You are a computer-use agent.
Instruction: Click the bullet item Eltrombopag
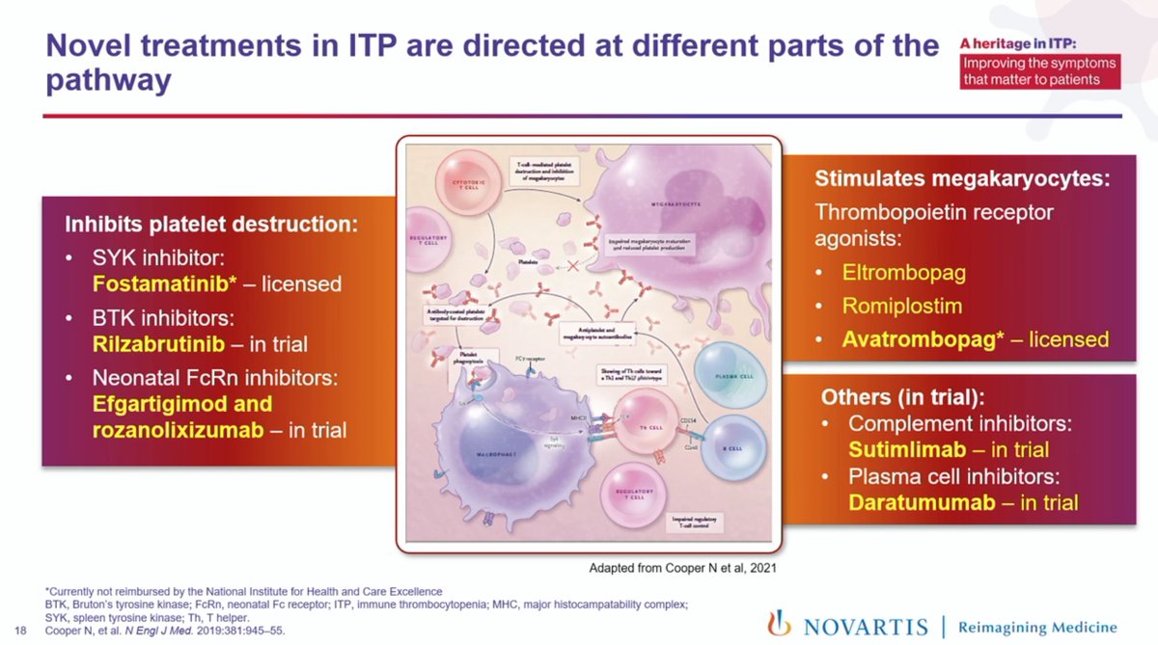(903, 272)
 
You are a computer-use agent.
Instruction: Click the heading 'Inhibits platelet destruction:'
(210, 226)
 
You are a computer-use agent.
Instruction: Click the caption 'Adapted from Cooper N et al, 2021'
(682, 569)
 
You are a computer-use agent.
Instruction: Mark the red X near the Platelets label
(572, 264)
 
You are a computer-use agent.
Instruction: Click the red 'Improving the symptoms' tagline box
(1040, 71)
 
